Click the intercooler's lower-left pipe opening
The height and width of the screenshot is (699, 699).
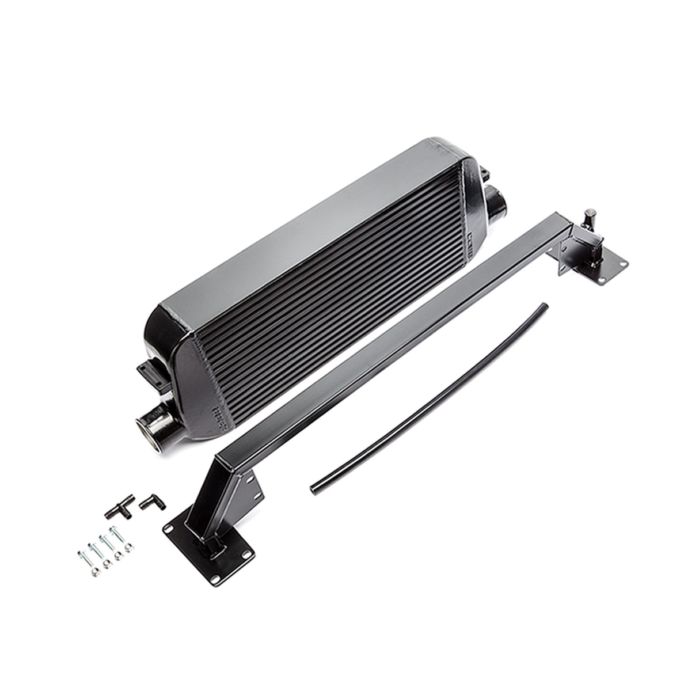point(145,430)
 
